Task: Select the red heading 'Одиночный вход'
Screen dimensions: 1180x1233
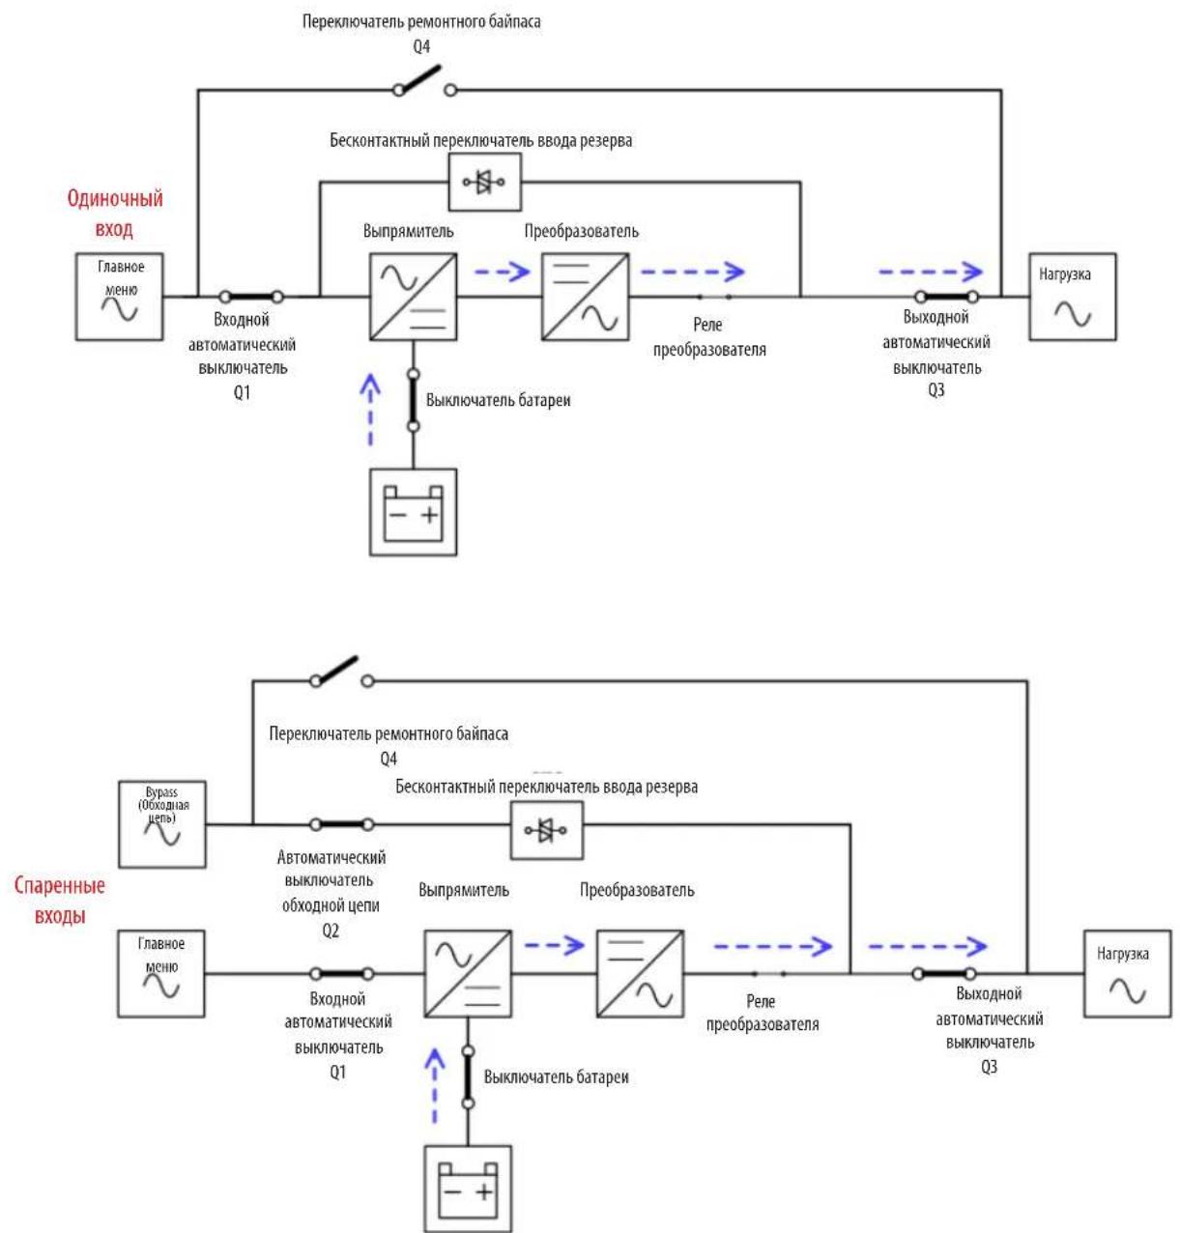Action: click(115, 213)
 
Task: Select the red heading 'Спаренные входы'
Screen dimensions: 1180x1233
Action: click(60, 901)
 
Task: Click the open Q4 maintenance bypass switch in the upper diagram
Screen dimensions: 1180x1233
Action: click(424, 82)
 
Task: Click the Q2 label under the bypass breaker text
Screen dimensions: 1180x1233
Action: click(331, 931)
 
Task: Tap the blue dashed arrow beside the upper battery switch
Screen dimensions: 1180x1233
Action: click(371, 410)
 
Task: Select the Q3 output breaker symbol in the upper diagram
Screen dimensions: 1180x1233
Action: click(946, 297)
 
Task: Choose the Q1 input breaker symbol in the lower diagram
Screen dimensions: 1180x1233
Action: click(341, 974)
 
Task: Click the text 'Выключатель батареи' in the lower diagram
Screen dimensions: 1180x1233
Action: click(556, 1076)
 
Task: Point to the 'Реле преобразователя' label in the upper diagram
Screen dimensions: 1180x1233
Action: click(709, 337)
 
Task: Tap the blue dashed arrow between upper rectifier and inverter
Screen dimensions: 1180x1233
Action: click(502, 272)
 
